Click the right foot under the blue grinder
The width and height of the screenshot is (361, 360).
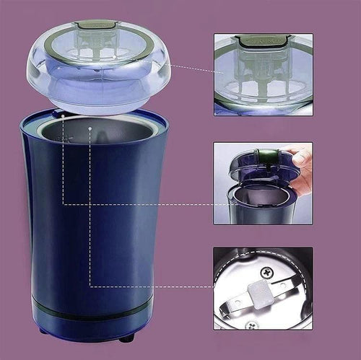click(127, 337)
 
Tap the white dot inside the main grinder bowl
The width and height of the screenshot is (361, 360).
click(90, 129)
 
